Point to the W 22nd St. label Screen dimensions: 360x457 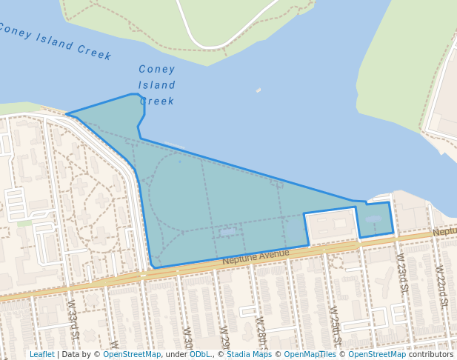(x=441, y=285)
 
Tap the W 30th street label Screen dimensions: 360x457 (x=188, y=341)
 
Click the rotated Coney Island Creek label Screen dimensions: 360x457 (x=56, y=41)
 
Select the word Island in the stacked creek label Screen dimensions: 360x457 (x=157, y=85)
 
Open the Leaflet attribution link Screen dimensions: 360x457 (x=42, y=355)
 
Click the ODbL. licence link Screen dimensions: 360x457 (x=200, y=355)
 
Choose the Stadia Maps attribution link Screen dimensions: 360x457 (x=249, y=355)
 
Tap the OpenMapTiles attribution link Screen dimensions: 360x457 (x=310, y=355)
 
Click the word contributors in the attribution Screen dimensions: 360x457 (x=431, y=355)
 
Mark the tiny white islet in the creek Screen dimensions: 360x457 (x=258, y=90)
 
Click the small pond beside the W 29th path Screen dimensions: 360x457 (x=228, y=232)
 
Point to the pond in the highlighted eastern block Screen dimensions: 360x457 (x=373, y=219)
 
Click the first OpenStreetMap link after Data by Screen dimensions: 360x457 (x=132, y=355)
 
